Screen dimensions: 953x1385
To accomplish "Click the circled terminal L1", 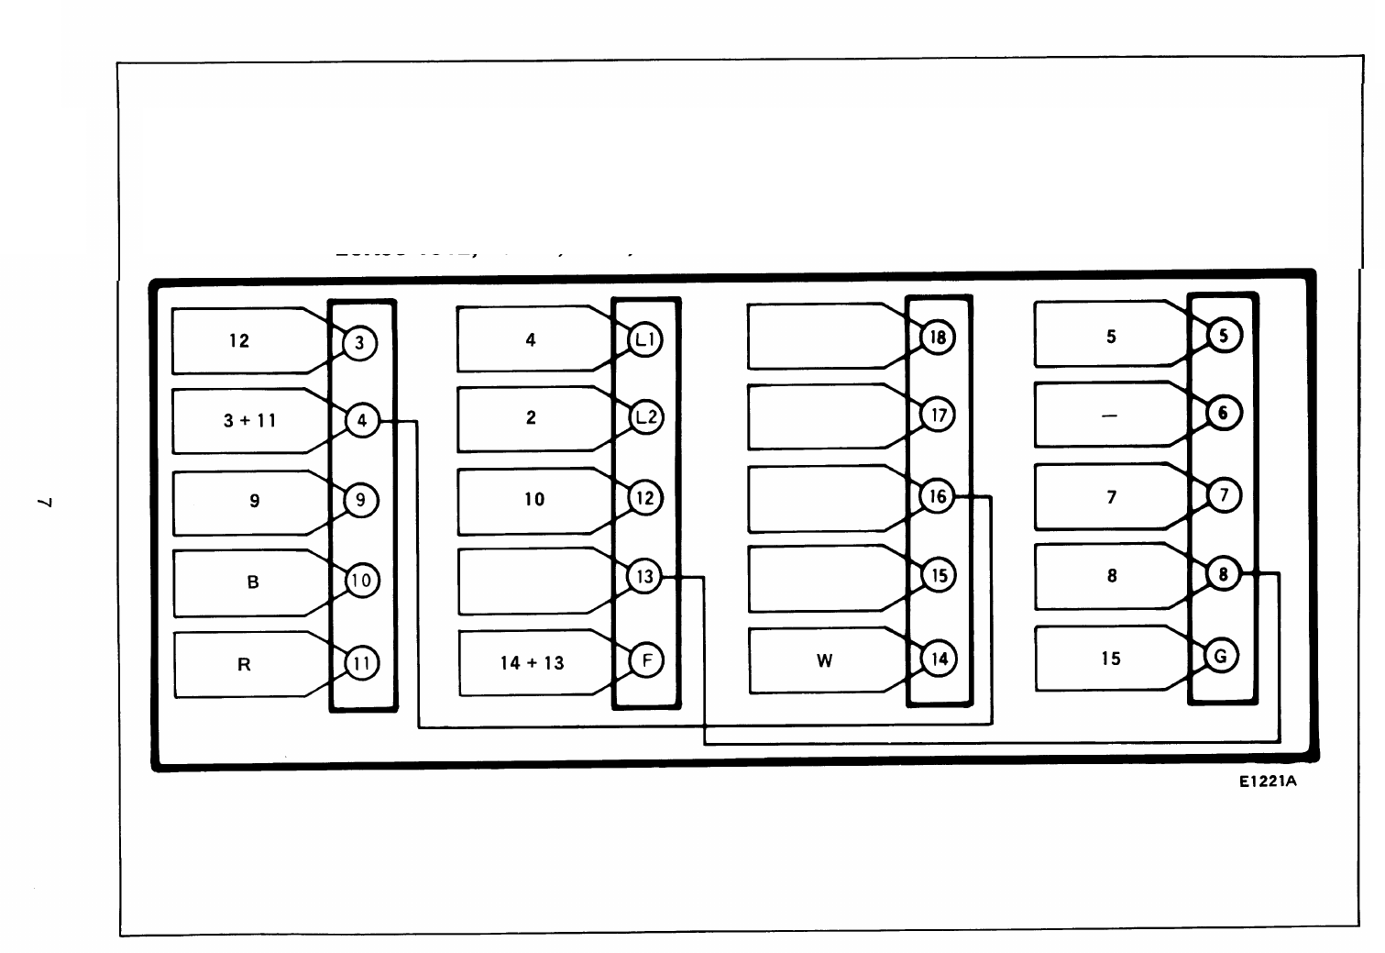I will [x=644, y=339].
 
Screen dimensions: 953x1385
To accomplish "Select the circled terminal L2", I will [x=645, y=417].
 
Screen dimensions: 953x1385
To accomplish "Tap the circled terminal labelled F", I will [x=646, y=660].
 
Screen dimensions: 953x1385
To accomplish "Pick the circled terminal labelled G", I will [x=1221, y=656].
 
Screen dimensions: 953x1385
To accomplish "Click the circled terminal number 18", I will [x=938, y=338].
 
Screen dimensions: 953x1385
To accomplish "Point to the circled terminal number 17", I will [x=938, y=416].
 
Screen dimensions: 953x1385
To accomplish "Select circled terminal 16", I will [x=938, y=496].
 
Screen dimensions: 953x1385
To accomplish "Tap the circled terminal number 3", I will [x=359, y=343].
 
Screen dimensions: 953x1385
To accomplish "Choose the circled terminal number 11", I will [x=361, y=663].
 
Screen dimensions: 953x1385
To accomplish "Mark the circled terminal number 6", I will [x=1223, y=413].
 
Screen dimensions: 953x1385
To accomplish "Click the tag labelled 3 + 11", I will [x=250, y=421].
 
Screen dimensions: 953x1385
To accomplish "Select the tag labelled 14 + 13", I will [x=533, y=662].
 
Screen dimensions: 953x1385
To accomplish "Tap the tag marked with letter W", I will [x=823, y=660].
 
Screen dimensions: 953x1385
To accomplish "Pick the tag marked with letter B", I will [x=252, y=582].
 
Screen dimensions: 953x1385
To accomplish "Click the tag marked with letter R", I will [x=244, y=664].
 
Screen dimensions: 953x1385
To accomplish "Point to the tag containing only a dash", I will [x=1109, y=416].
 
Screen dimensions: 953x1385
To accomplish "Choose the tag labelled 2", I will [x=531, y=418].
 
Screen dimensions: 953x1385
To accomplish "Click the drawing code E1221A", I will [x=1268, y=781].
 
